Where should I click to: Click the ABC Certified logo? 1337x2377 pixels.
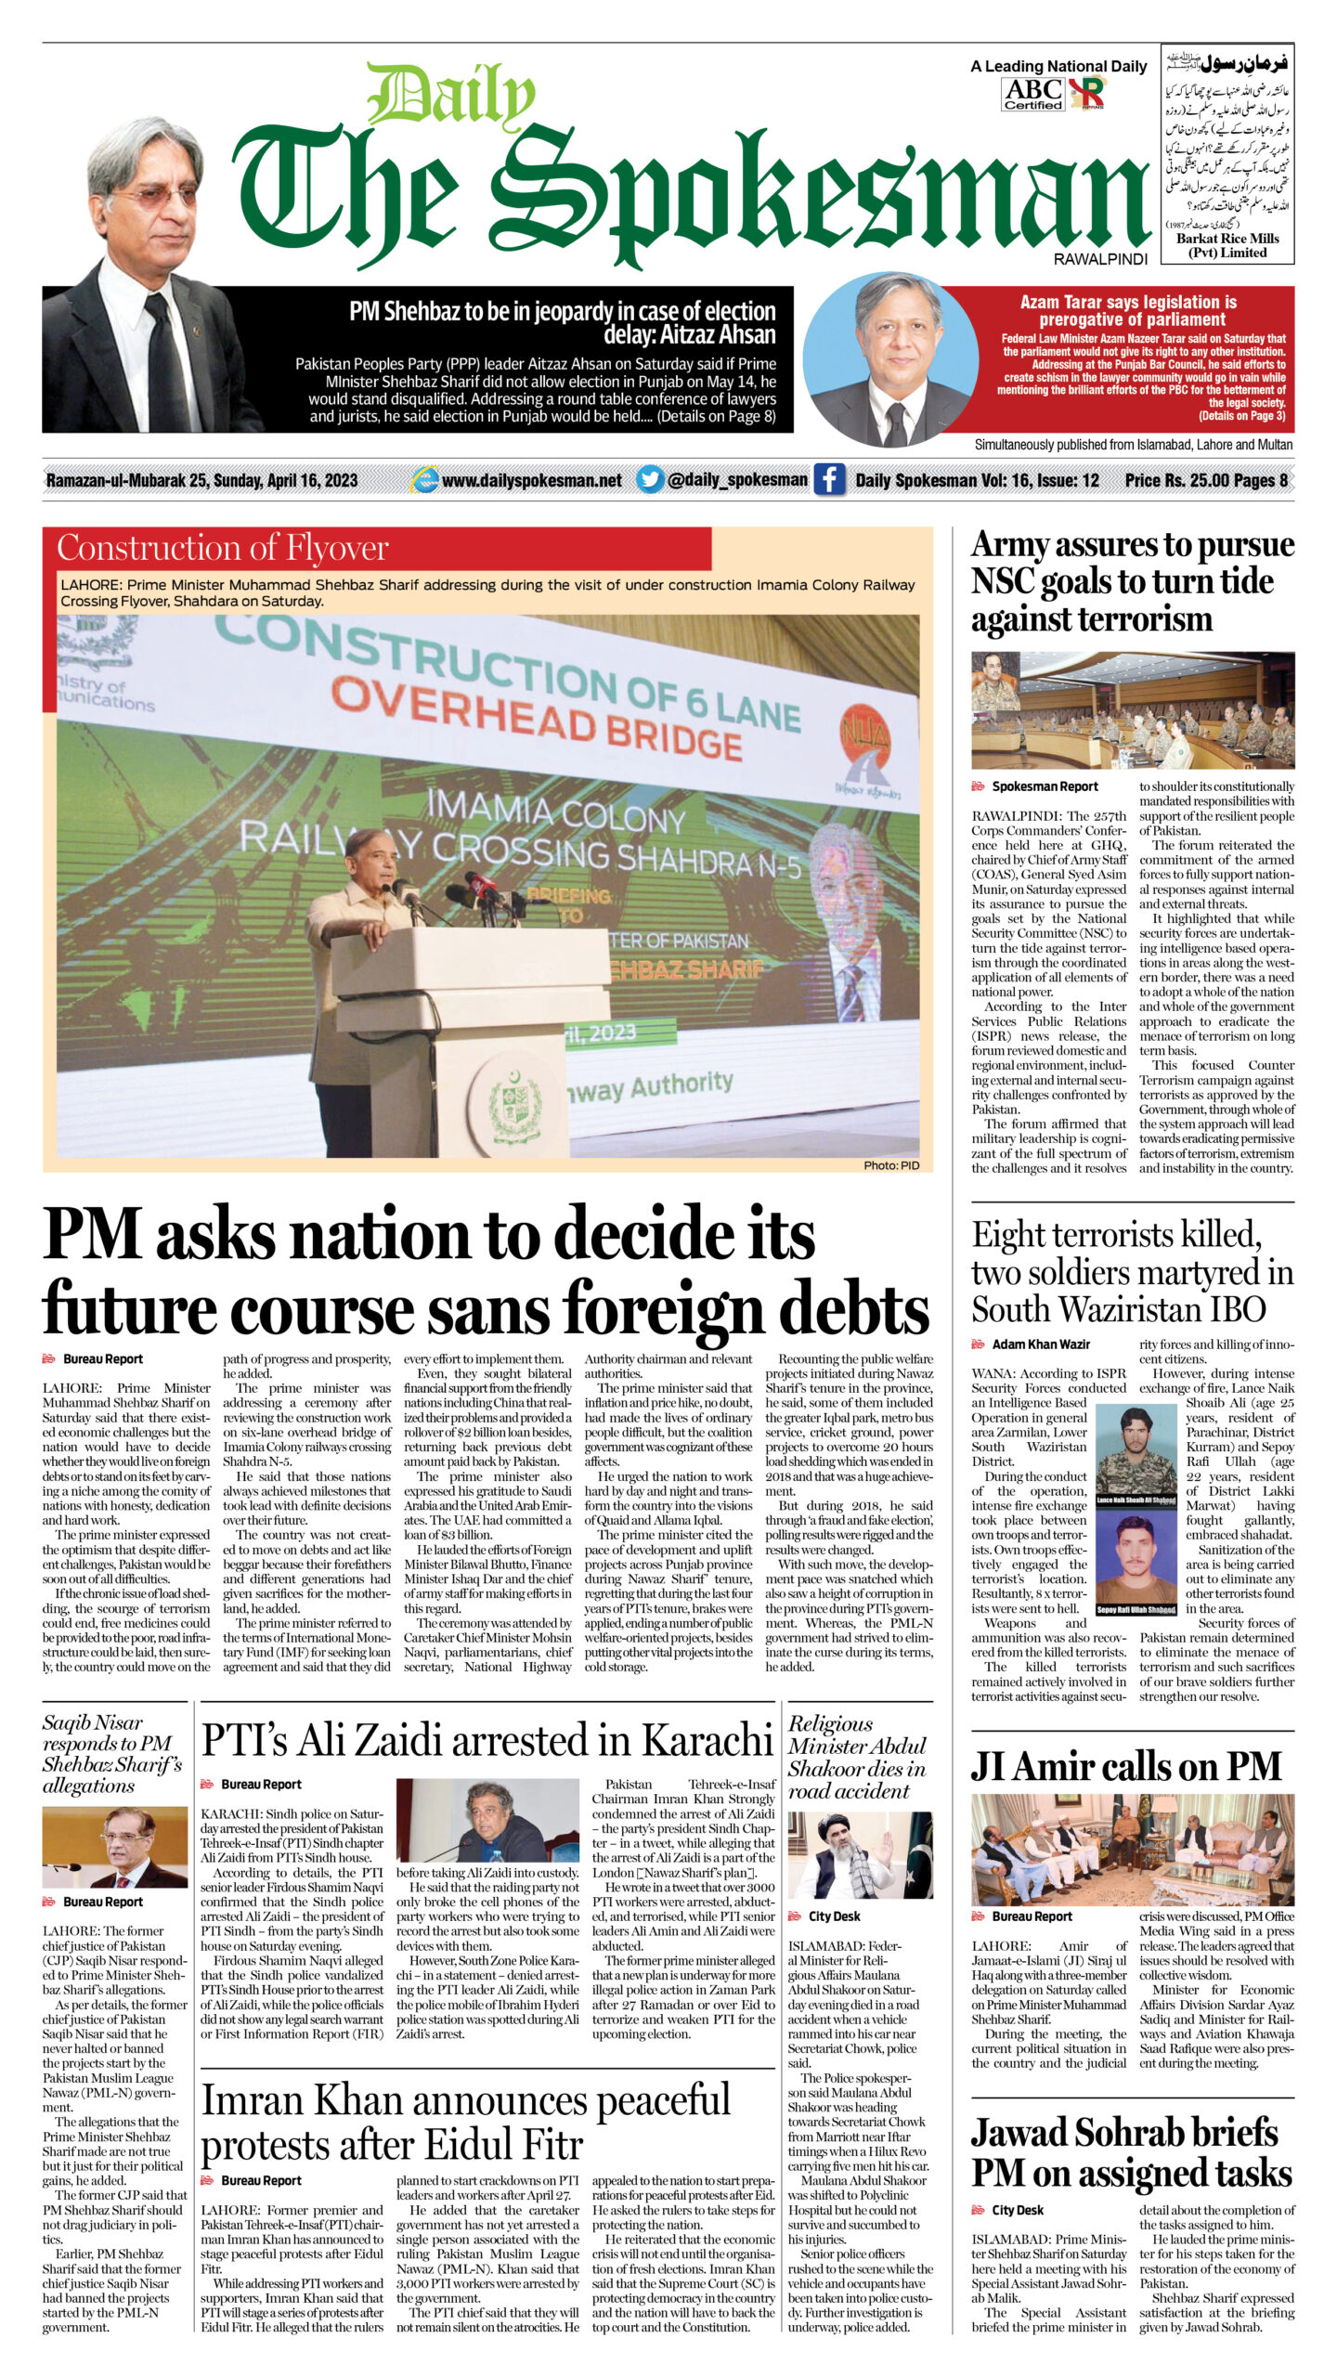point(1032,93)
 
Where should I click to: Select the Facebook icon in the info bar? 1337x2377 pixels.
point(829,480)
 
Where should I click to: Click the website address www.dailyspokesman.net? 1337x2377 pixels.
point(531,481)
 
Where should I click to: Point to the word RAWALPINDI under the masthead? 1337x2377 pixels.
point(1100,259)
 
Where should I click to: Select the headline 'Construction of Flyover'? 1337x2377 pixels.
point(223,548)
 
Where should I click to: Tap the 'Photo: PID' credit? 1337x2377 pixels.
point(891,1164)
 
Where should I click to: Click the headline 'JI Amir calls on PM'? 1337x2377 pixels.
point(1125,1765)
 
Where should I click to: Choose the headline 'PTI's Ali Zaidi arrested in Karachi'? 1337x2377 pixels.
point(487,1740)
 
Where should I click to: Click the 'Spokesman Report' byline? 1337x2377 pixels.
point(1045,786)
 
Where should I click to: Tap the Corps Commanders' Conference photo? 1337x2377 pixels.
point(1133,710)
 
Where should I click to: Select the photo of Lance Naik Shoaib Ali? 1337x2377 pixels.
point(1136,1455)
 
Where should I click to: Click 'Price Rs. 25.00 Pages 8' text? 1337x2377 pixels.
point(1205,480)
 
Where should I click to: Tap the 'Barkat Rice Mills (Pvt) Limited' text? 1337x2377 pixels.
point(1227,245)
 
